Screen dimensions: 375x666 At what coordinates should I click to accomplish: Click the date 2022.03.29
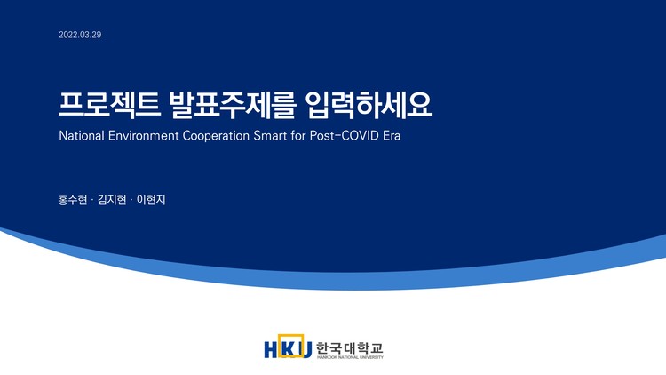[x=80, y=35]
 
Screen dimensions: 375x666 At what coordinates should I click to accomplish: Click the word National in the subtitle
[x=82, y=139]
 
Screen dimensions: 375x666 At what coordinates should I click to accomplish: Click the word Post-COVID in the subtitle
[x=353, y=139]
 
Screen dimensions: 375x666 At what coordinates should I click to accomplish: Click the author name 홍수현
[x=73, y=200]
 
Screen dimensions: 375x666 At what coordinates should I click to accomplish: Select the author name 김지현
[x=113, y=200]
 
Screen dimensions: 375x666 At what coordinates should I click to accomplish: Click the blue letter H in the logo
[x=272, y=348]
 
